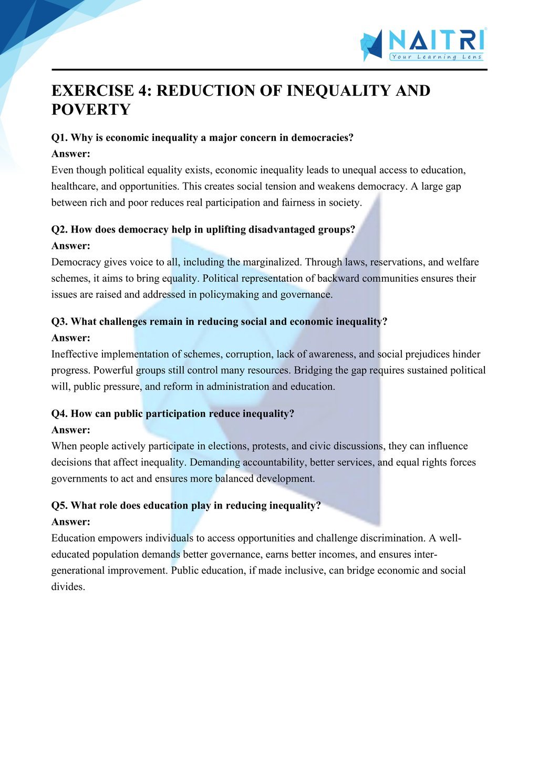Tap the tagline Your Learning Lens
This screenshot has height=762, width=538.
coord(436,57)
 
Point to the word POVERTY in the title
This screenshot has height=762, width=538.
coord(91,109)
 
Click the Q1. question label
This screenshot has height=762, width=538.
coord(60,138)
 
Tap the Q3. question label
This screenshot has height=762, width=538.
coord(60,322)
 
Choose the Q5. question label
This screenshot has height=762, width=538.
coord(60,506)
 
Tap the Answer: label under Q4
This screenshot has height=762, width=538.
coord(71,430)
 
